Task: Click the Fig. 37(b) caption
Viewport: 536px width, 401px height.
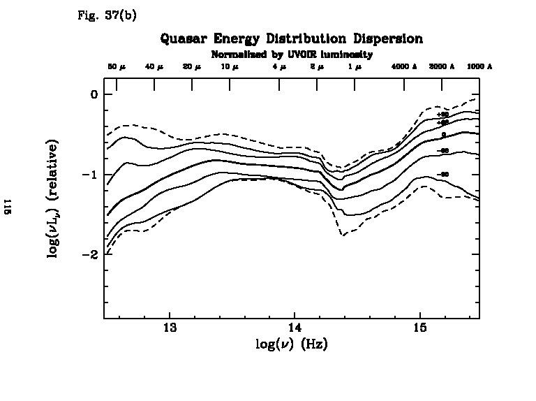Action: tap(107, 15)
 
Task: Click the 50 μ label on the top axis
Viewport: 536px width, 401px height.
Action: tap(117, 66)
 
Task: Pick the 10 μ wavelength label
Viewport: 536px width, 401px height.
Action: tap(230, 66)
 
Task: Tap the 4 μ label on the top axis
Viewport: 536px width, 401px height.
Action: tap(279, 66)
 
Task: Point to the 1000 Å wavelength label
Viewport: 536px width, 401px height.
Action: tap(479, 66)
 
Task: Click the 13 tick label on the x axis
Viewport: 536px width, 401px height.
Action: tap(169, 328)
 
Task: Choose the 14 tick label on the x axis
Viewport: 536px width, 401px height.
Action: tap(295, 328)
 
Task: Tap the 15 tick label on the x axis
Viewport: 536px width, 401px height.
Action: tap(420, 328)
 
